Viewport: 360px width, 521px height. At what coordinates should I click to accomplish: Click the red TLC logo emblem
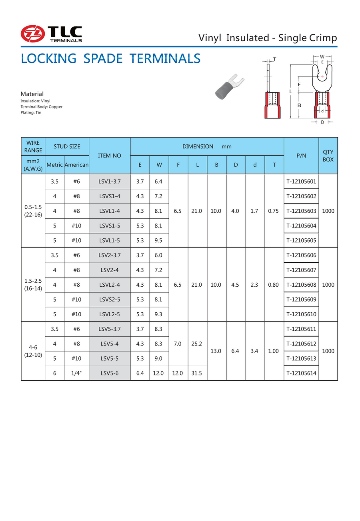point(32,33)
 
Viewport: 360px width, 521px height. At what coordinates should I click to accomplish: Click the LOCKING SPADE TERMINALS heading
point(110,58)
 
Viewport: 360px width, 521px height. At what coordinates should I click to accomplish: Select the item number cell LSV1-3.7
point(110,182)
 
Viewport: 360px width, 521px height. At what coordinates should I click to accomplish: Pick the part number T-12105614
point(301,373)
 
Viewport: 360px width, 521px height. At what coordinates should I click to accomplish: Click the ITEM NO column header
point(110,156)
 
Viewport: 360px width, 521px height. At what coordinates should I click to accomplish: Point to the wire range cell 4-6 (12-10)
point(33,351)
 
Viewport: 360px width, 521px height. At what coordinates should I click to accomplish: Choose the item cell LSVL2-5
point(110,314)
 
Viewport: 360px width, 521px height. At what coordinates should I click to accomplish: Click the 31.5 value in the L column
point(197,373)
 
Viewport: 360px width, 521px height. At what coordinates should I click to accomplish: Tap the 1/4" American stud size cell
point(76,373)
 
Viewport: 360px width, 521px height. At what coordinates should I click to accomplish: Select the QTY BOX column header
point(328,156)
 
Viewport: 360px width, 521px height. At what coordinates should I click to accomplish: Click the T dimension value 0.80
point(274,285)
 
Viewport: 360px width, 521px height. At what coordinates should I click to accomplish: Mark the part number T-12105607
point(301,270)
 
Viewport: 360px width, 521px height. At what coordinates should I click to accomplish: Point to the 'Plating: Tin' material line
point(31,113)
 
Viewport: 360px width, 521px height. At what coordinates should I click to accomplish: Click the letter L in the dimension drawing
point(291,92)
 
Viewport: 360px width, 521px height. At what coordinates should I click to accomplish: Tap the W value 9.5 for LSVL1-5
point(159,240)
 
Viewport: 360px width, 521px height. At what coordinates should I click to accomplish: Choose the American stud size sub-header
point(76,165)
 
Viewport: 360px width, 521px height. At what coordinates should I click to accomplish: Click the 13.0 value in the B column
point(216,351)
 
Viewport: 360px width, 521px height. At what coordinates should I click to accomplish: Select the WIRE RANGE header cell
point(33,146)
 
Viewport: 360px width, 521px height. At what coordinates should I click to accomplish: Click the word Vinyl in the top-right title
point(210,38)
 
